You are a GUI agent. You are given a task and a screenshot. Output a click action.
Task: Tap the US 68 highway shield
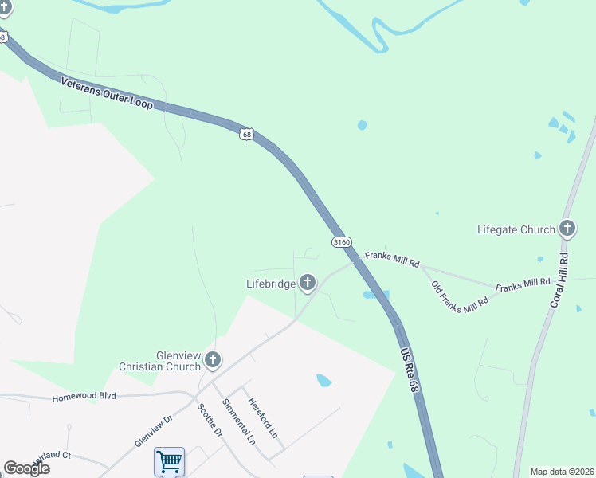[x=247, y=134]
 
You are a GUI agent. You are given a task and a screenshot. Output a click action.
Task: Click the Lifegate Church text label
[x=516, y=230]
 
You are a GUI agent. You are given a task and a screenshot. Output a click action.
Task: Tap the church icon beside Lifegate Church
[x=567, y=229]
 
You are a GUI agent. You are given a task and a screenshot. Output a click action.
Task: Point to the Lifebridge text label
[x=270, y=283]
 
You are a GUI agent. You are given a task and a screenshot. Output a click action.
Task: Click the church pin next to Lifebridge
[x=307, y=283]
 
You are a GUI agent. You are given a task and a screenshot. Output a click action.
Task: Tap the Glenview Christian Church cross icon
[x=212, y=360]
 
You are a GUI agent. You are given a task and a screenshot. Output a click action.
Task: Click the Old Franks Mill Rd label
[x=460, y=296]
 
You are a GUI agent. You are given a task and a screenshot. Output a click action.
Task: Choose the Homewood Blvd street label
[x=84, y=397]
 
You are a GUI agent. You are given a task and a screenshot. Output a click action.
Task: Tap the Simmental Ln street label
[x=240, y=421]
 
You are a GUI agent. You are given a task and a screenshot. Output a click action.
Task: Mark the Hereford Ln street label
[x=263, y=418]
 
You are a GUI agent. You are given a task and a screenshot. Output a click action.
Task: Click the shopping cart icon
[x=169, y=461]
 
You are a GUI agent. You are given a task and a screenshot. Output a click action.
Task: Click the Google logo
[x=26, y=468]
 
